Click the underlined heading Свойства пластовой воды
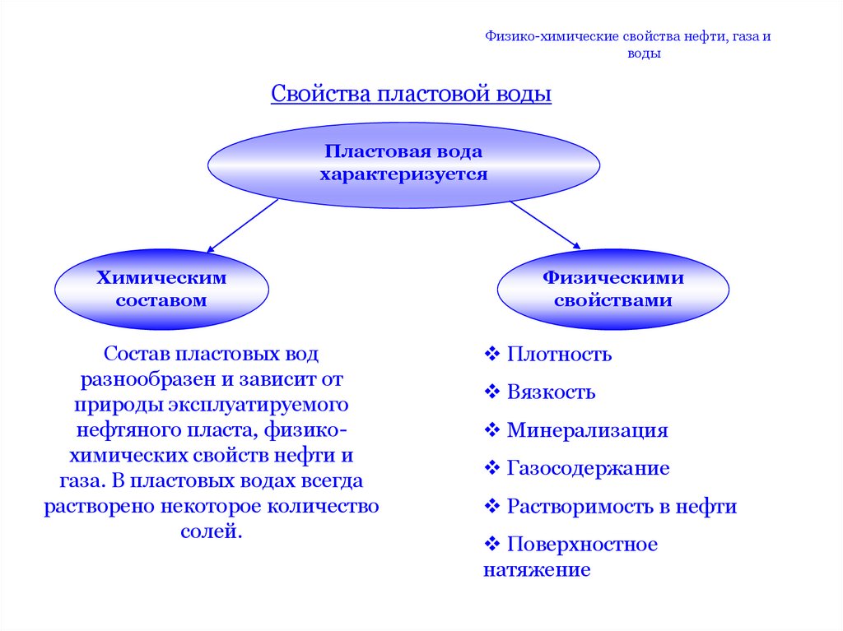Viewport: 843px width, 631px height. [x=411, y=94]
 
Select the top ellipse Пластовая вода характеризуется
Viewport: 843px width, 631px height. [x=403, y=163]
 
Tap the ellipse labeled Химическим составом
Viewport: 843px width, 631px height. [x=161, y=289]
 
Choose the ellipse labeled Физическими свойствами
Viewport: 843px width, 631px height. [x=612, y=289]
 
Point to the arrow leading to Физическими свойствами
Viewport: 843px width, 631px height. [x=545, y=223]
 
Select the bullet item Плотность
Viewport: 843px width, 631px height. [x=559, y=355]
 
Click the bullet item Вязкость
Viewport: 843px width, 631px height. [x=551, y=392]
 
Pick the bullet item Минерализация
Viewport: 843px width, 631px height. [x=587, y=430]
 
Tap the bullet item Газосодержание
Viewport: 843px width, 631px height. [x=588, y=468]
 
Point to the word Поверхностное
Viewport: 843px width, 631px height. [x=582, y=544]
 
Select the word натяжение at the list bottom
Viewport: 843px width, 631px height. [x=537, y=569]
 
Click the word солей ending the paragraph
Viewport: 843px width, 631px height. [x=211, y=531]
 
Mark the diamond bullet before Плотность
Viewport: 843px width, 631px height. [x=492, y=355]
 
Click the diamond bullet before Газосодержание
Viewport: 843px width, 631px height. [x=492, y=468]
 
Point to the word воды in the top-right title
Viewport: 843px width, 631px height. [x=645, y=54]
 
